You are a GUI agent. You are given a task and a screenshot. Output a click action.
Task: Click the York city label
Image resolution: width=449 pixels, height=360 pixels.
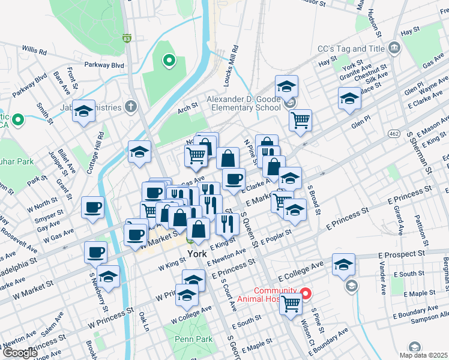[197, 254]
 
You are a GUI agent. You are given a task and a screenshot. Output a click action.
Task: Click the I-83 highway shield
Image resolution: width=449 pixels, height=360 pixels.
[126, 38]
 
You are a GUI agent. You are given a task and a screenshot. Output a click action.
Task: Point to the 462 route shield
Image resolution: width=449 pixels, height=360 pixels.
[394, 133]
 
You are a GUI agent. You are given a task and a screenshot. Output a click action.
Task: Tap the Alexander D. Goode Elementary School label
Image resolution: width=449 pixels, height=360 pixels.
[244, 103]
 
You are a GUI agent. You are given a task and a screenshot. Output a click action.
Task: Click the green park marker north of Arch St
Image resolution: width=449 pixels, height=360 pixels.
[169, 60]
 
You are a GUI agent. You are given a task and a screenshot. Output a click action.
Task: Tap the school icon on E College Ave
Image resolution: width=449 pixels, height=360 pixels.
[343, 264]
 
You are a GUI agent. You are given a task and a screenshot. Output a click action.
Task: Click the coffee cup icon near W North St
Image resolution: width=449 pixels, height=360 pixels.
[92, 208]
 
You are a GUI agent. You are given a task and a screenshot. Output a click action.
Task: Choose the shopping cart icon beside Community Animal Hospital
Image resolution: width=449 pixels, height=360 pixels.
[291, 304]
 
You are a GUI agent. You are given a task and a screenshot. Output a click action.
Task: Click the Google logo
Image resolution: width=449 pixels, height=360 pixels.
[20, 353]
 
